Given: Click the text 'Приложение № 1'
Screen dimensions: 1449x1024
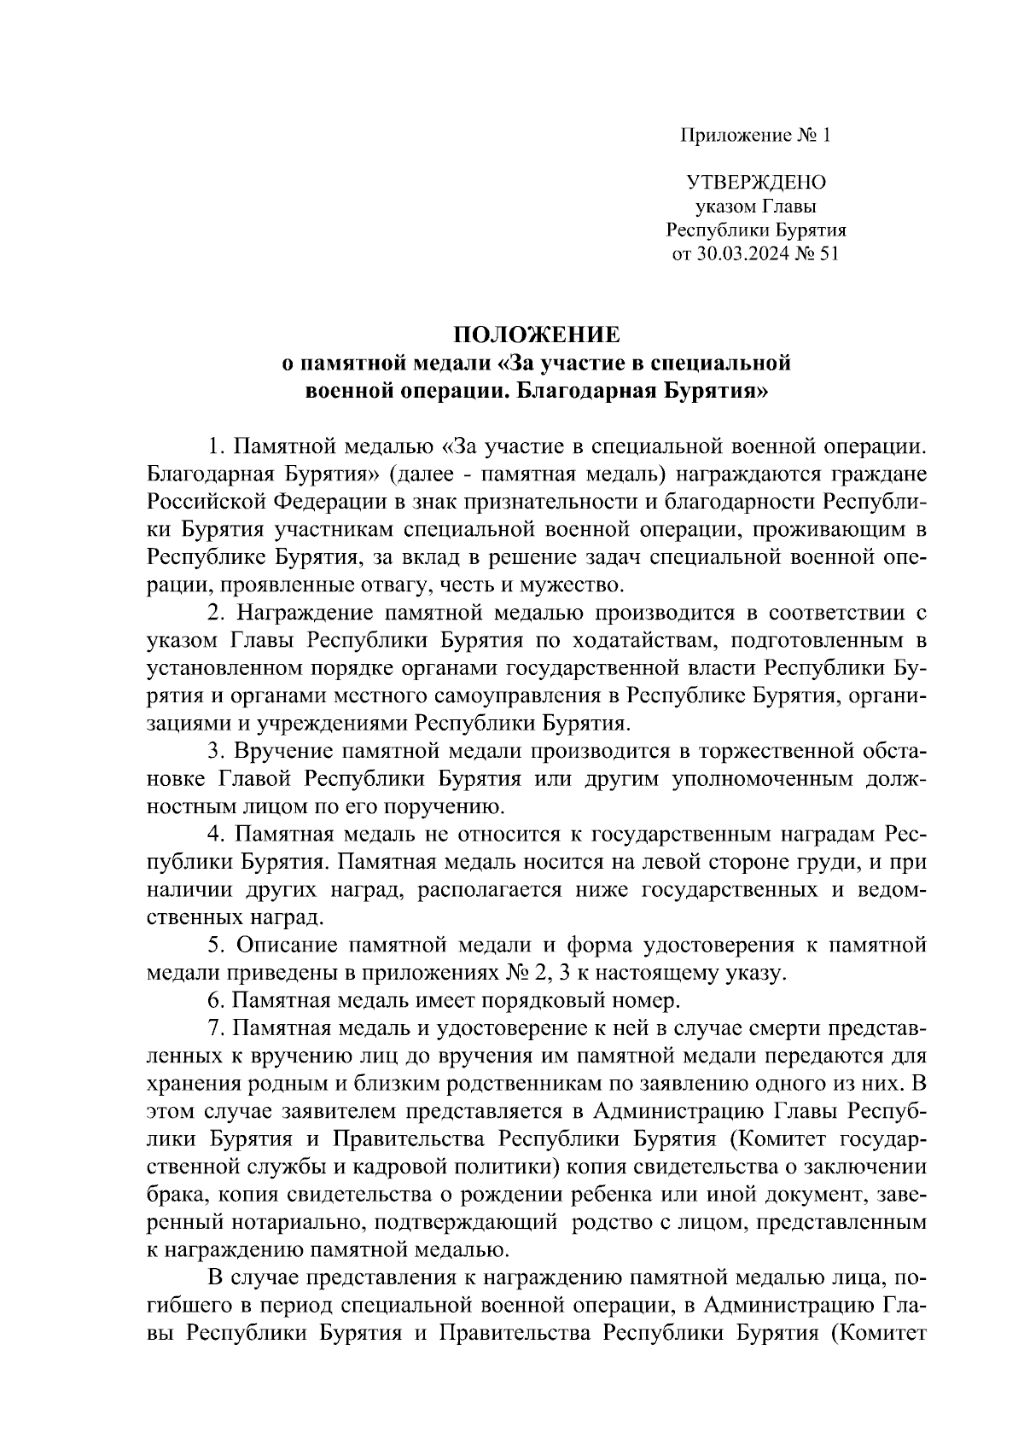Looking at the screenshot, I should coord(754,136).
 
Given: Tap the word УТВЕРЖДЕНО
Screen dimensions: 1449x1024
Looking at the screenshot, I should coord(756,182).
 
